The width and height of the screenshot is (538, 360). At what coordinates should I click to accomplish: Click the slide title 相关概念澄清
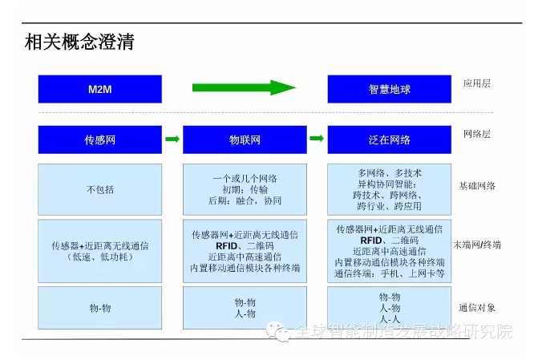pyautogui.click(x=79, y=42)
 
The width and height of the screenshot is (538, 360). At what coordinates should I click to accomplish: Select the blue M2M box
pyautogui.click(x=100, y=89)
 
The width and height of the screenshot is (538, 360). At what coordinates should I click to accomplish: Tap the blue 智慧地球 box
pyautogui.click(x=390, y=89)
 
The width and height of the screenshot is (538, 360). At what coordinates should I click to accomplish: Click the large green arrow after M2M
pyautogui.click(x=244, y=88)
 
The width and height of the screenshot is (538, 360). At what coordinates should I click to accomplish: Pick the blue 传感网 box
pyautogui.click(x=100, y=140)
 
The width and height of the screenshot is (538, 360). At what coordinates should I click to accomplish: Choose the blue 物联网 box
pyautogui.click(x=245, y=140)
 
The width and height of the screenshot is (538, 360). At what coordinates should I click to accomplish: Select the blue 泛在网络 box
pyautogui.click(x=390, y=140)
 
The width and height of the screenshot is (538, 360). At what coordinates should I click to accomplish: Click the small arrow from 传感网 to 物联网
pyautogui.click(x=172, y=139)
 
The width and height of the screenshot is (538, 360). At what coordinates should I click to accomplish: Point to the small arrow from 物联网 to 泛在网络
pyautogui.click(x=317, y=138)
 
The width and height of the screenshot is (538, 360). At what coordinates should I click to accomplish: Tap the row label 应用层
pyautogui.click(x=477, y=83)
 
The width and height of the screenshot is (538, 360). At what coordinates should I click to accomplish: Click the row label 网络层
pyautogui.click(x=477, y=134)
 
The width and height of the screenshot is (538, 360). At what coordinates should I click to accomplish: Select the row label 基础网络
pyautogui.click(x=477, y=186)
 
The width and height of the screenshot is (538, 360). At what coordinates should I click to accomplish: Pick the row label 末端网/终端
pyautogui.click(x=477, y=245)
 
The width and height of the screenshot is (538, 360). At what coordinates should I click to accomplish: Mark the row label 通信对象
pyautogui.click(x=477, y=308)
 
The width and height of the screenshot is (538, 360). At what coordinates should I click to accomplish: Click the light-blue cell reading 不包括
pyautogui.click(x=100, y=189)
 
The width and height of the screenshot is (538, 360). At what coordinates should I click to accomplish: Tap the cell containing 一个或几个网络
pyautogui.click(x=245, y=189)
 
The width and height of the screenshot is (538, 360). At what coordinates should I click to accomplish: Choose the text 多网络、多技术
pyautogui.click(x=390, y=173)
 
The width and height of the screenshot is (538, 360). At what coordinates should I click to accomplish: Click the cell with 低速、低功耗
pyautogui.click(x=100, y=251)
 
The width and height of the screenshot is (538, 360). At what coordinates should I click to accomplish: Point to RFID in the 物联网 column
pyautogui.click(x=227, y=246)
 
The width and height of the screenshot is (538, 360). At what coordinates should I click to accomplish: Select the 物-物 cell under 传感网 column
pyautogui.click(x=100, y=308)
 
